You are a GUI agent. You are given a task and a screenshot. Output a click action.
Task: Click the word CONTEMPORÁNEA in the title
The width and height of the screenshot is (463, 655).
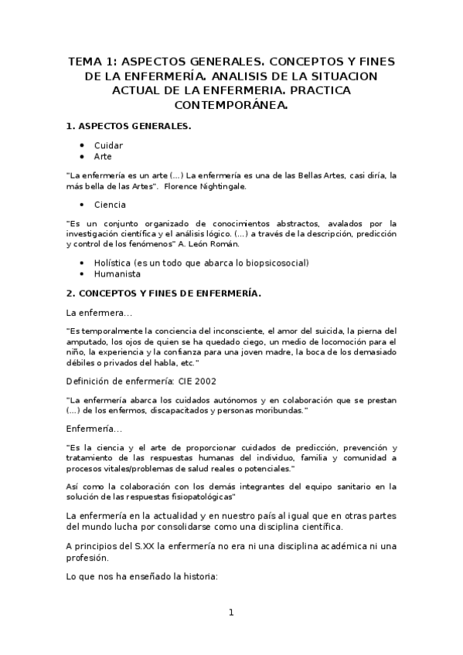[x=230, y=105]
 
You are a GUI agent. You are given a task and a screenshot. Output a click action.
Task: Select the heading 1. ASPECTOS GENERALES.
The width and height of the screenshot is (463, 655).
[x=129, y=125]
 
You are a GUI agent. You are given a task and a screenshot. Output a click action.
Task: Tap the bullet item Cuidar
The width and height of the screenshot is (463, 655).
[x=108, y=145]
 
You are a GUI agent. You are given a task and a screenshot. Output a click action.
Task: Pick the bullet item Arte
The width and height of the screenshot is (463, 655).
[x=103, y=156]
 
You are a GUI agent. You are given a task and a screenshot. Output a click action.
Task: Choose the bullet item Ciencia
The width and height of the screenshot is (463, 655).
[x=111, y=205]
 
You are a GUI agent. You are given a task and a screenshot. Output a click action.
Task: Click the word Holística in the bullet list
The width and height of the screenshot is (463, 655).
[x=116, y=263]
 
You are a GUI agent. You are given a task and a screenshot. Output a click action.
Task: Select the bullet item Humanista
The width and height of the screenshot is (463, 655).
[x=117, y=273]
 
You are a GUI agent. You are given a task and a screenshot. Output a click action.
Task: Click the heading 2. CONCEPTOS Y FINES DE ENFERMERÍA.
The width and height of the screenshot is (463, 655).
[x=164, y=294]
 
